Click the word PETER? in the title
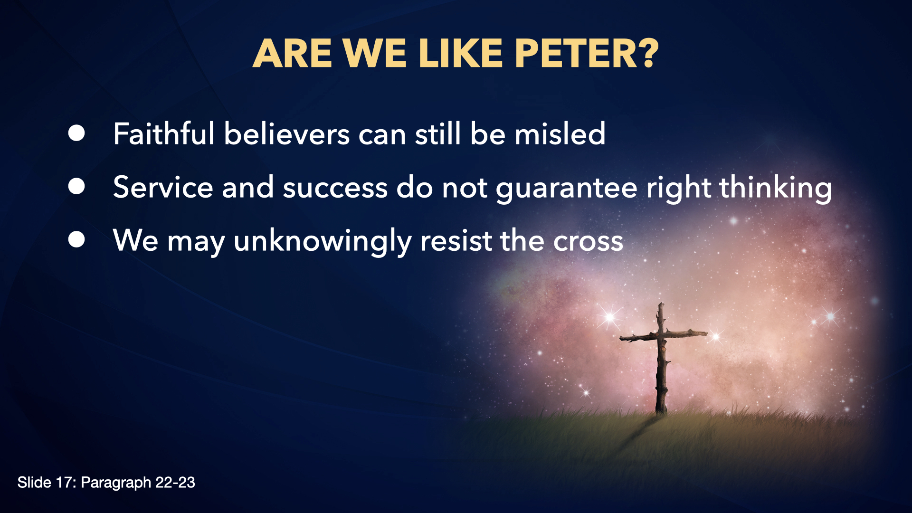coord(587,53)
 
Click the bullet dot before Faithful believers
coord(76,133)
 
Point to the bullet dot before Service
coord(76,187)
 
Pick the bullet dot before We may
coord(76,240)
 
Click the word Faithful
coord(164,133)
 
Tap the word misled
coord(560,133)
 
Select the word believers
coord(287,133)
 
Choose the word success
coord(335,188)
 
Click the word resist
coord(456,240)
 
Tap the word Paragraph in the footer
coord(116,483)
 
